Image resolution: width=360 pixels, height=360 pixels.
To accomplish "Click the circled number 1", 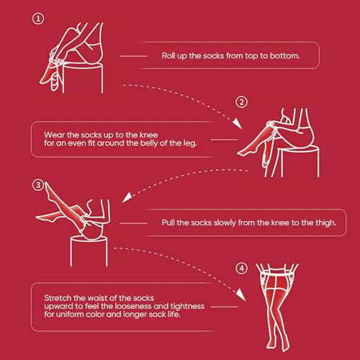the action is (x=38, y=19).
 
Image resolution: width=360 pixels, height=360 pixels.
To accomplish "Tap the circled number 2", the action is (x=241, y=102).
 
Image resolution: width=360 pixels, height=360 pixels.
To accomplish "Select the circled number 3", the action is (x=38, y=185).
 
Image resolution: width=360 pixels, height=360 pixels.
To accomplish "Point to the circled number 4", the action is (x=241, y=269).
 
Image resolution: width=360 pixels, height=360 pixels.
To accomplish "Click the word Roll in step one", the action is (x=168, y=55).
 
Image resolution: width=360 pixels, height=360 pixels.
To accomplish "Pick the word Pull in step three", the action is (x=168, y=222).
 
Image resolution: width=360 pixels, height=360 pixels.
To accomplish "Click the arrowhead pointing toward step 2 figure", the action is (x=238, y=123).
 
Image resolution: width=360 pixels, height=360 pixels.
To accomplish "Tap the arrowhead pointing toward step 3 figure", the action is (x=127, y=197).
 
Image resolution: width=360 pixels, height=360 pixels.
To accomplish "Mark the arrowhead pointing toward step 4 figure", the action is (x=240, y=294).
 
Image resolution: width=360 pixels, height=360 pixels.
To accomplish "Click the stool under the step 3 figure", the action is (x=89, y=251).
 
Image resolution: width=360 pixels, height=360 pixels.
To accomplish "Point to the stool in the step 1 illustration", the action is (x=83, y=78).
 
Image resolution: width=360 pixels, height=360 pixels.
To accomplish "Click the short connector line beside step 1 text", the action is (x=133, y=56).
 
